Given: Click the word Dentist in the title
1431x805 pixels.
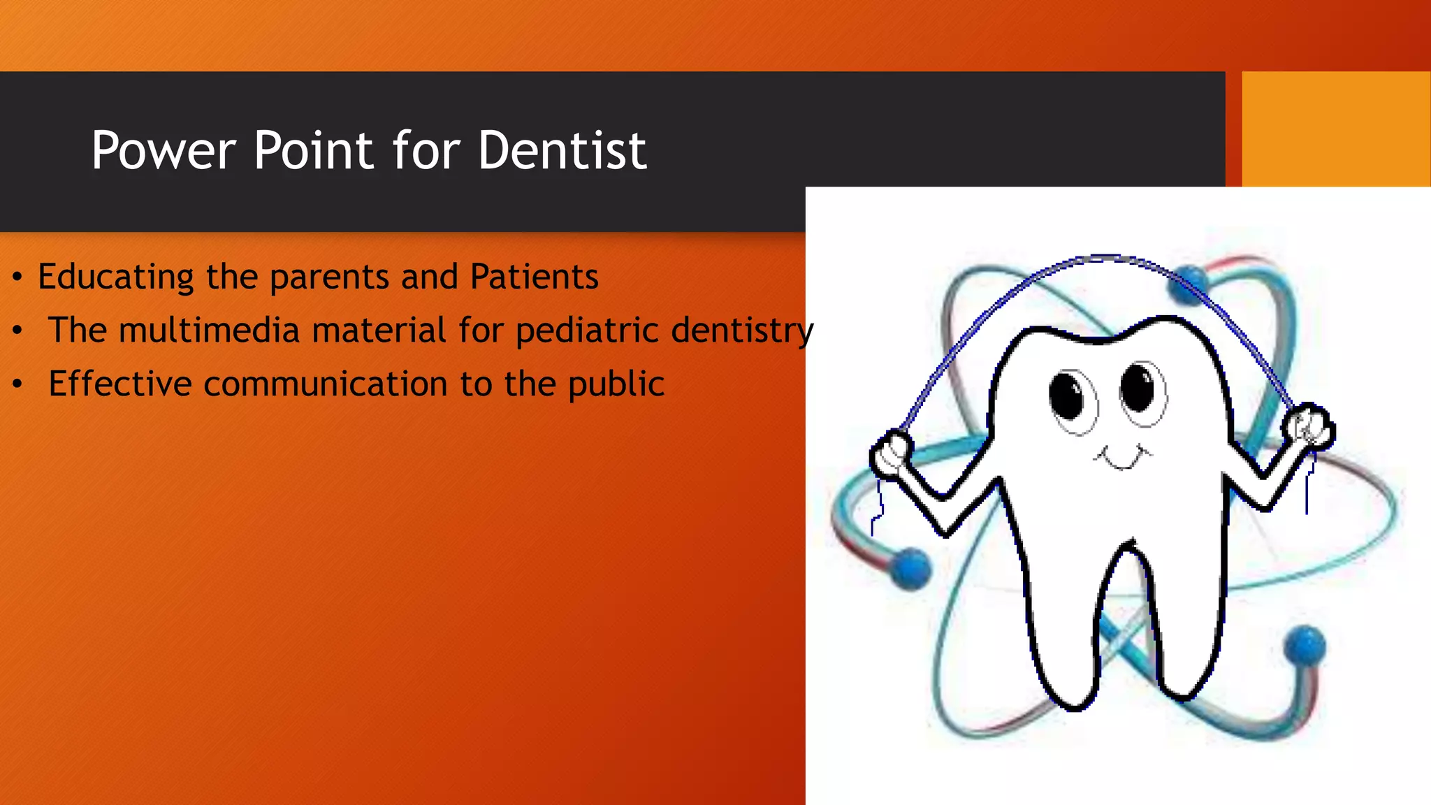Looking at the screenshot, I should (x=562, y=150).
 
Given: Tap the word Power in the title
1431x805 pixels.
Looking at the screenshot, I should (x=164, y=150).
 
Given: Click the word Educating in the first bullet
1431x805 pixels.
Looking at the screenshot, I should (x=115, y=277).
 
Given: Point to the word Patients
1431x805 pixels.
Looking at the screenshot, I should (x=534, y=276).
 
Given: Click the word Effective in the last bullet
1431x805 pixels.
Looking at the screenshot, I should (x=119, y=384).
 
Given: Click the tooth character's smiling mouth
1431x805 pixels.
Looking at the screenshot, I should (x=1122, y=458).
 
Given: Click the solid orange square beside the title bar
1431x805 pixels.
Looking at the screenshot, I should (x=1335, y=129).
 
